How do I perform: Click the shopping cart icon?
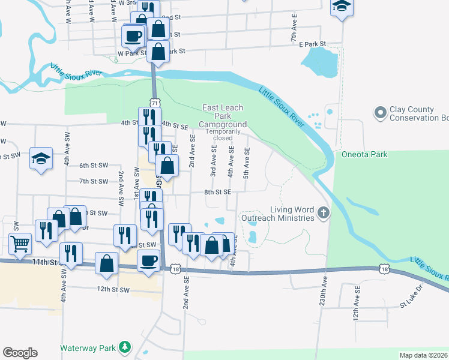20,244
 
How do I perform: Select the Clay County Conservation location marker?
379,112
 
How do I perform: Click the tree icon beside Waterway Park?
124,347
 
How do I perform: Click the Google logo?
20,353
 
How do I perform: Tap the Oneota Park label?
364,154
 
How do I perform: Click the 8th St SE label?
217,192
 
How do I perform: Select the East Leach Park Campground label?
223,115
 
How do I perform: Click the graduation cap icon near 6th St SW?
40,158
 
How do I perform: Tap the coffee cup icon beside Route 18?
148,260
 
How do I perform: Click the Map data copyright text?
423,355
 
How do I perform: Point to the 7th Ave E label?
294,29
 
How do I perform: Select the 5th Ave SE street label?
246,161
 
